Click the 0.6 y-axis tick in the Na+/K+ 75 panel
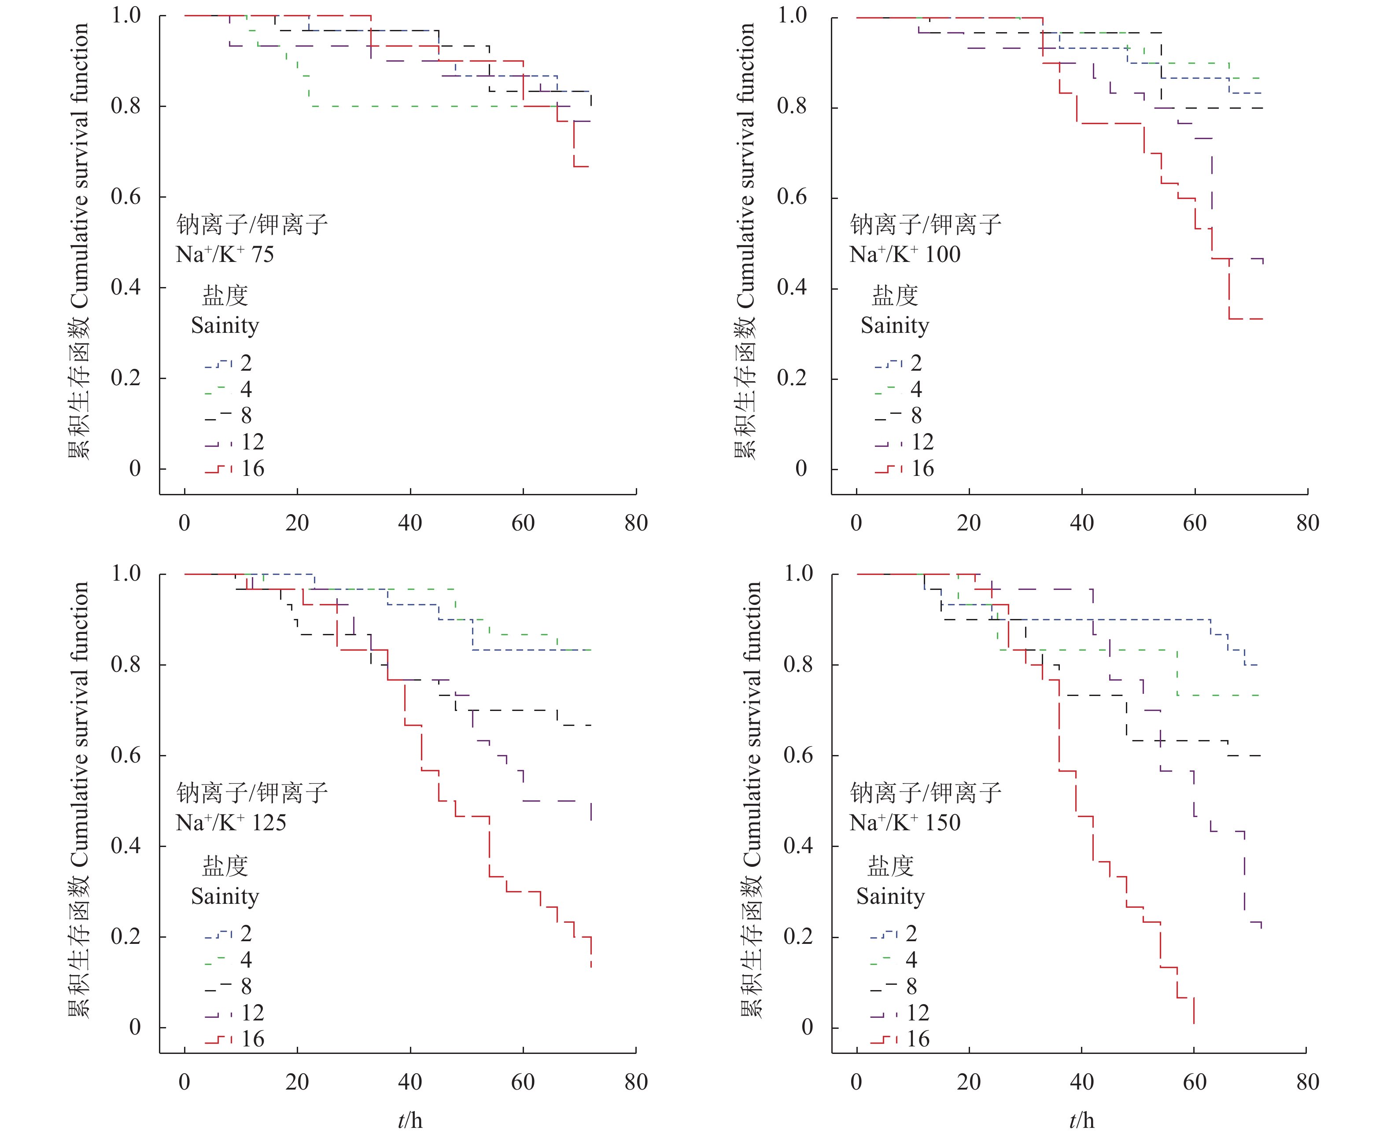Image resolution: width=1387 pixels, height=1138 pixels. (x=126, y=197)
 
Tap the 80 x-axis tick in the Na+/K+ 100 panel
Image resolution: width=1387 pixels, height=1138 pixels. (x=1307, y=523)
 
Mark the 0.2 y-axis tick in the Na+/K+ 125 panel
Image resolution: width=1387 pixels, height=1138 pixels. (x=126, y=936)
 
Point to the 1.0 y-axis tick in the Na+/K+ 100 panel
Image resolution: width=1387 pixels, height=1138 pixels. (x=792, y=15)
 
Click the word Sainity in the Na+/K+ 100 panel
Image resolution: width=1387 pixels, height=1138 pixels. (x=895, y=326)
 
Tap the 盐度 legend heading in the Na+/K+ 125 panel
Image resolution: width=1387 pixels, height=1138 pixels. (x=225, y=867)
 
